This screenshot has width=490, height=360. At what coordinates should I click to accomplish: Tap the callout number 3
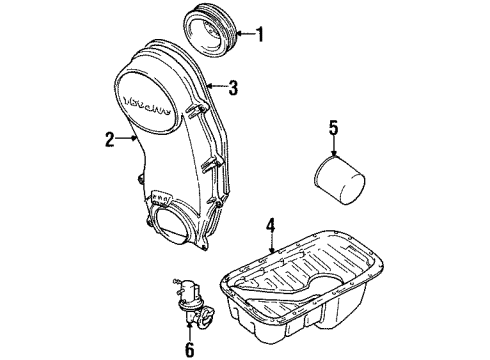(x=233, y=88)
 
